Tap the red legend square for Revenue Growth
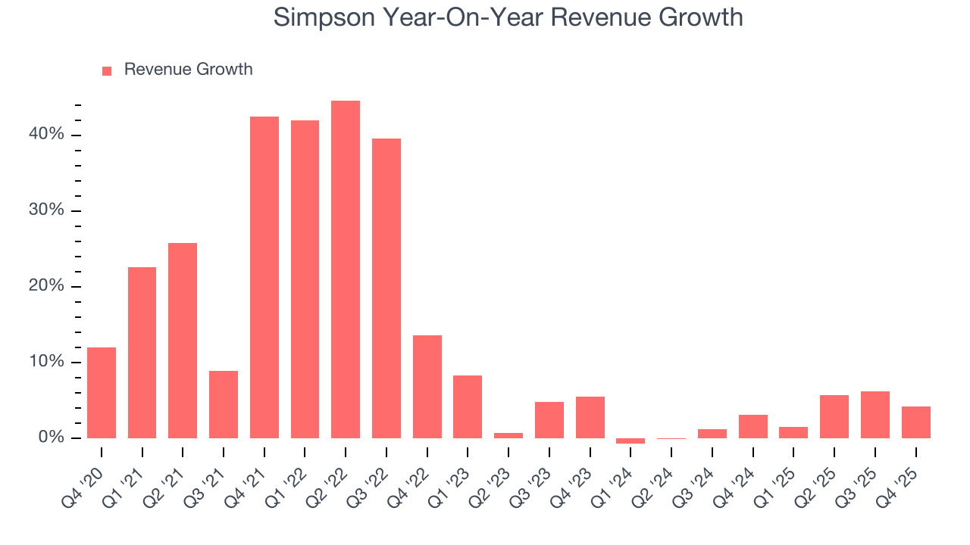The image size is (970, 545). [x=107, y=70]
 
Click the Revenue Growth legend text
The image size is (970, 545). [x=188, y=70]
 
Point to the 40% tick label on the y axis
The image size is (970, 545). [x=47, y=135]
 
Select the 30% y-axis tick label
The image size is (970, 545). [x=47, y=210]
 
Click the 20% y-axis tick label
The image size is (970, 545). [x=47, y=286]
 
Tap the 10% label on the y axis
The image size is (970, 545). [x=47, y=362]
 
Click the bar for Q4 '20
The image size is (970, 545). [x=102, y=393]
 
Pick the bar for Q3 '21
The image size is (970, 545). [x=224, y=404]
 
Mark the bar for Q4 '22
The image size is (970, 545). [x=427, y=387]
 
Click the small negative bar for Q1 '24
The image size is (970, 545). [x=630, y=441]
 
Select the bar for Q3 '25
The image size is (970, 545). [x=875, y=415]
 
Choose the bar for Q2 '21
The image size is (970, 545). [x=183, y=341]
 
